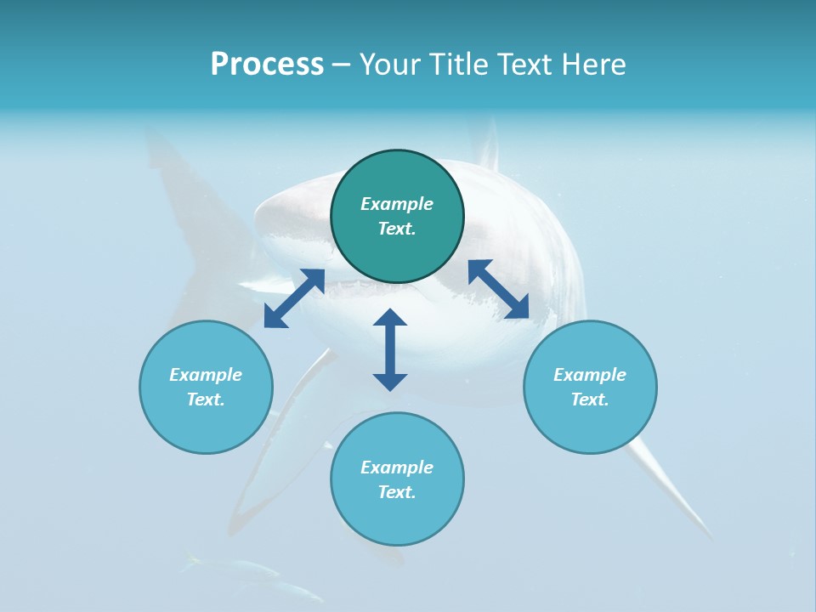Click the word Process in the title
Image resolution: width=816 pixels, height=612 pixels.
[267, 65]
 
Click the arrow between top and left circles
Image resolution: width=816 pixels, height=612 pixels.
[294, 298]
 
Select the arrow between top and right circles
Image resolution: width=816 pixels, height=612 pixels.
[499, 290]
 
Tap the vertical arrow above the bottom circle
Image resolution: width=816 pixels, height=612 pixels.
[390, 349]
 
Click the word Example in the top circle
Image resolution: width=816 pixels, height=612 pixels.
[397, 204]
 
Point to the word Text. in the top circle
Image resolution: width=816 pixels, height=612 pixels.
[397, 229]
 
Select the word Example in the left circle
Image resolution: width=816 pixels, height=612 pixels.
[206, 375]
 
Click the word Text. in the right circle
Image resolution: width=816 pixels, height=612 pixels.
[590, 399]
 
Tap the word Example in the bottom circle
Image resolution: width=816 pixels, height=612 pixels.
[397, 467]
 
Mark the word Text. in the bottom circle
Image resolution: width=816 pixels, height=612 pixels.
[397, 492]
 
